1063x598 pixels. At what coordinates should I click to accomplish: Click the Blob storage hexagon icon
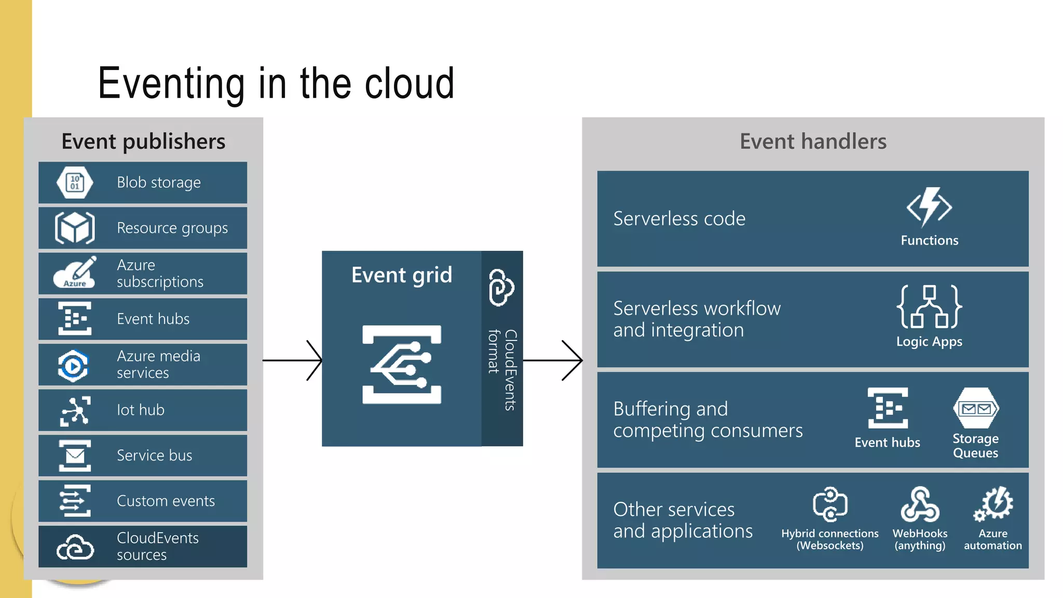point(75,182)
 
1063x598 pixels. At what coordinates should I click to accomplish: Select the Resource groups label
point(172,228)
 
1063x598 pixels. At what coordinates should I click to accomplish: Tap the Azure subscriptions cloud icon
point(75,273)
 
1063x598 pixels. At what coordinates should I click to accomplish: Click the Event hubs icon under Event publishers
point(75,318)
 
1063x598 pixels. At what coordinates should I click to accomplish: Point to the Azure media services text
point(158,364)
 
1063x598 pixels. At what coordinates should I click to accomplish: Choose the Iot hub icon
point(75,411)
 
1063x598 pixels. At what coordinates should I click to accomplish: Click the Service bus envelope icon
point(75,456)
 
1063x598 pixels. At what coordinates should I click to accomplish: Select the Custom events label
point(166,501)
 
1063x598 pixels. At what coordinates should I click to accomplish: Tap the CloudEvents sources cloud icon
point(75,547)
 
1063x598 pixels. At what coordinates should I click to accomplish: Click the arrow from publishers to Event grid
point(293,360)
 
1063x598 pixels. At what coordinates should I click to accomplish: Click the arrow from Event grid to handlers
point(553,360)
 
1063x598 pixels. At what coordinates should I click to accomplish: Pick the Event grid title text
point(401,275)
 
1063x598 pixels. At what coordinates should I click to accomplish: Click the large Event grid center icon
point(402,365)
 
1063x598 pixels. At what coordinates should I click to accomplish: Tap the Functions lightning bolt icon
point(929,207)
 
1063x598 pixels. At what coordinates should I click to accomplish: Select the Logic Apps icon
point(929,307)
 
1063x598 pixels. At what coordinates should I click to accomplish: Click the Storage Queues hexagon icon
point(976,409)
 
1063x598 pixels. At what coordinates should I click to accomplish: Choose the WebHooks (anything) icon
point(920,505)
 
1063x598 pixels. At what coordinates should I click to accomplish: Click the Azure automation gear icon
point(993,504)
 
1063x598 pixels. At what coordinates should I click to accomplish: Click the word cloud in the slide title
point(410,84)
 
